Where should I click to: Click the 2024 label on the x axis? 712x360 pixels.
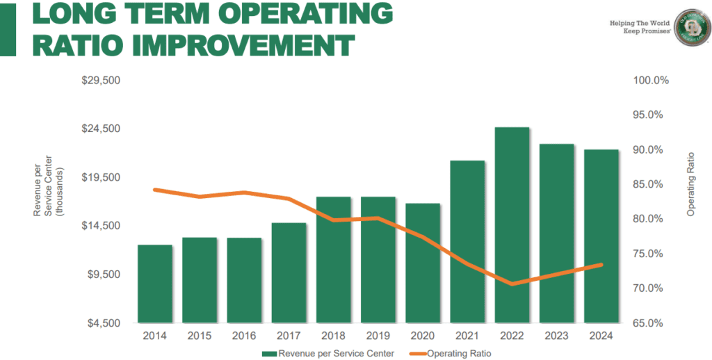[x=601, y=336]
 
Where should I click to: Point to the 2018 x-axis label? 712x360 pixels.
[x=333, y=336]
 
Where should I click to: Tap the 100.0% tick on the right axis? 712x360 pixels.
[x=651, y=81]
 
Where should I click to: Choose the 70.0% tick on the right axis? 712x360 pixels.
[x=651, y=288]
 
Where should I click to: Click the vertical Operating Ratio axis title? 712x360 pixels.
[x=690, y=185]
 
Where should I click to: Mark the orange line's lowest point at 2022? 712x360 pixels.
[x=512, y=284]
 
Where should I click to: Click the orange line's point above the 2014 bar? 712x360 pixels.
[x=155, y=190]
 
